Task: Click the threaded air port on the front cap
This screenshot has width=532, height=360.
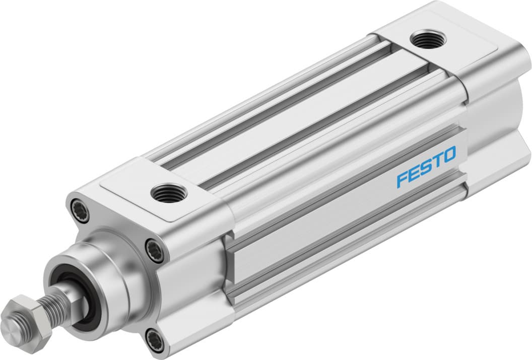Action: point(169,192)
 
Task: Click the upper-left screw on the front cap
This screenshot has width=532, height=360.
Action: point(80,210)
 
